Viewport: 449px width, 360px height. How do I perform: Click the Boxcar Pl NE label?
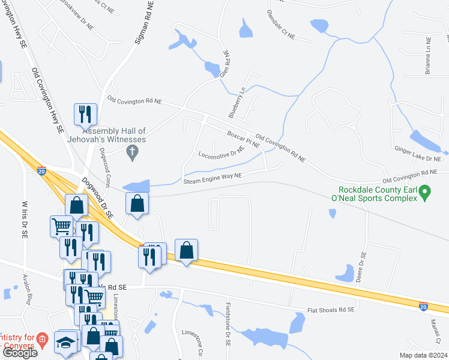click(243, 139)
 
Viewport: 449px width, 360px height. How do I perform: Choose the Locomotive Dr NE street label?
click(221, 155)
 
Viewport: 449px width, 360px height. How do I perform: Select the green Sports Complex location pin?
click(425, 193)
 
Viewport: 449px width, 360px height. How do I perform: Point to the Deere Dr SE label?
click(363, 262)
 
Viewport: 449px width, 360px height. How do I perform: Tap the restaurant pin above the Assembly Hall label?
click(85, 113)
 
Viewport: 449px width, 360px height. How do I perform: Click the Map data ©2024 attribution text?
click(423, 355)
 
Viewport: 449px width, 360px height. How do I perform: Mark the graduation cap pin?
click(64, 342)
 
